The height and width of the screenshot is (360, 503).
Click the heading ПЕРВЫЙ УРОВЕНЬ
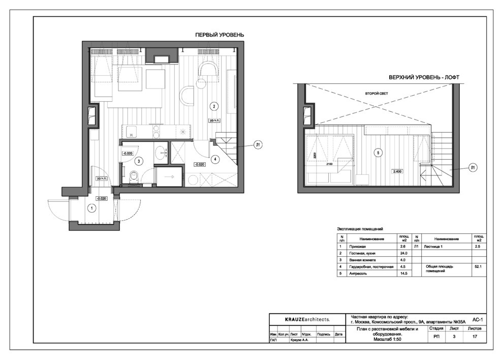tap(220, 35)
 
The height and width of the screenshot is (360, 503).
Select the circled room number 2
tap(214, 106)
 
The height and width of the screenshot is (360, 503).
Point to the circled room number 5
tap(378, 153)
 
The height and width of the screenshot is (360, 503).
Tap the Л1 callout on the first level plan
tap(258, 145)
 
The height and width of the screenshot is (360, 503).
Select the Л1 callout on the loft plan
tap(473, 167)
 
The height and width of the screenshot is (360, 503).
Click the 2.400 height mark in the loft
tap(397, 171)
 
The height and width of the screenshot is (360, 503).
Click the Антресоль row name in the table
tap(356, 273)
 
